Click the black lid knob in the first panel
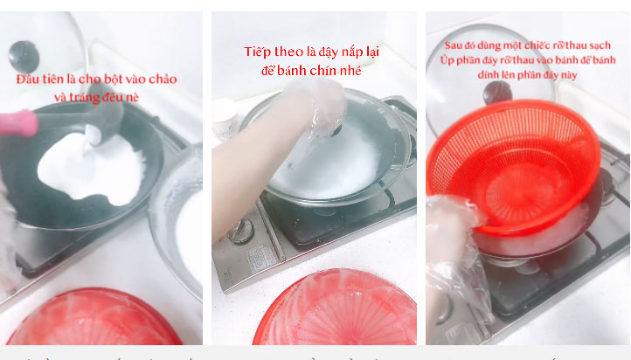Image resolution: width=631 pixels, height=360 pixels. tap(24, 56)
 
